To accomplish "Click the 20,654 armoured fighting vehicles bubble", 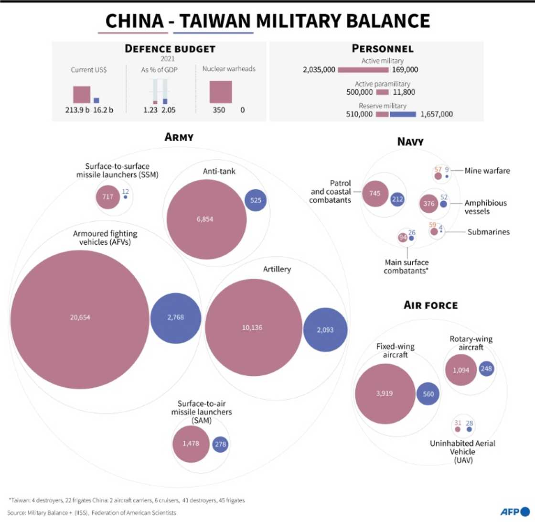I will click(x=79, y=317).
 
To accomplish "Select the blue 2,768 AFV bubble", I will click(x=175, y=317).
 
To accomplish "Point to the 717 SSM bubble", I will click(x=108, y=196).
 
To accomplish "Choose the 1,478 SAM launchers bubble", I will click(x=191, y=444).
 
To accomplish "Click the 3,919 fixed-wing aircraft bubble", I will click(x=385, y=394).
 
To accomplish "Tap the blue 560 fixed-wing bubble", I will click(x=428, y=394).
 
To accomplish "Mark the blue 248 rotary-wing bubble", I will click(x=486, y=369).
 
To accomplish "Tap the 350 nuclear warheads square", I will click(x=221, y=92).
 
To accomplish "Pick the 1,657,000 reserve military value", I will click(x=437, y=114).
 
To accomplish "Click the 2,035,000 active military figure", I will click(x=319, y=70).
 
